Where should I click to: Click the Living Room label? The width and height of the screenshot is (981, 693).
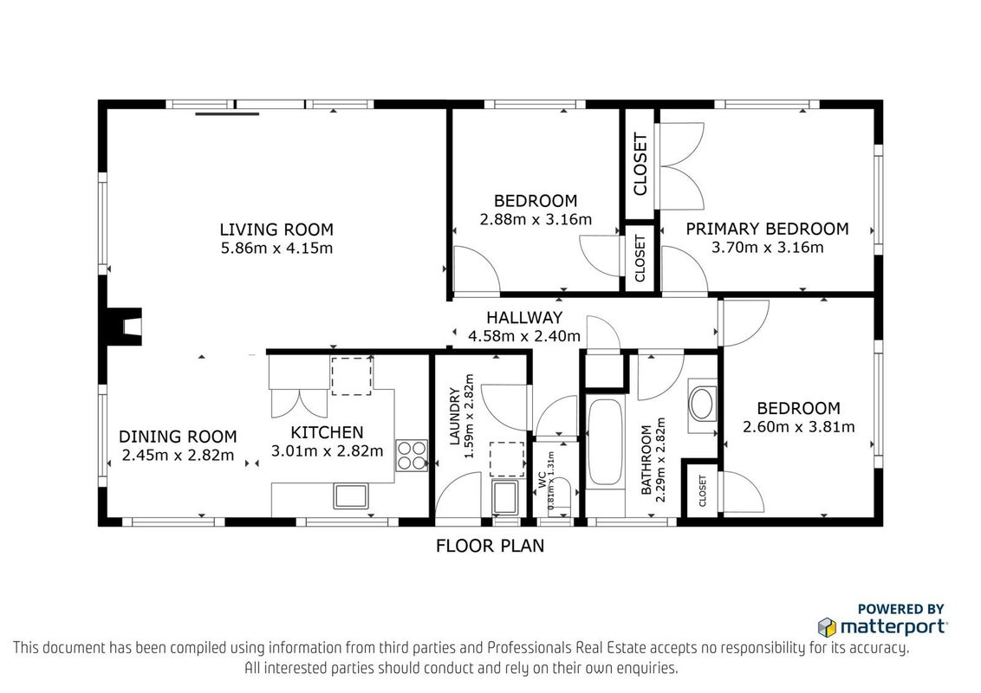coord(276,230)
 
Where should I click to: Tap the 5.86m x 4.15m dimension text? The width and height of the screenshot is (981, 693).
coord(276,249)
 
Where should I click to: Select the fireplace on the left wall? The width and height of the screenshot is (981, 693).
coord(124,327)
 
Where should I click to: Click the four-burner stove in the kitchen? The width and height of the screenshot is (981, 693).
coord(412,456)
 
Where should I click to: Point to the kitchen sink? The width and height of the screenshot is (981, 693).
coord(351,496)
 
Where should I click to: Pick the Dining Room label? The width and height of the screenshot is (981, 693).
coord(178,437)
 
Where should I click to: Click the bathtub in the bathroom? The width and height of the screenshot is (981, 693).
coord(605,442)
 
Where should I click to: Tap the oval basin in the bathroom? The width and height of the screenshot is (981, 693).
coord(702,404)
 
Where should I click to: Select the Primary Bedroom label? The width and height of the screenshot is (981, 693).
coord(767,229)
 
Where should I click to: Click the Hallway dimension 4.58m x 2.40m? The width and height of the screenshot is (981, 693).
coord(524,336)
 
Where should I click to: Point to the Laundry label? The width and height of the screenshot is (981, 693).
coord(455,417)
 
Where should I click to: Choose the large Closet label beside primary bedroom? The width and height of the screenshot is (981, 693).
coord(640,164)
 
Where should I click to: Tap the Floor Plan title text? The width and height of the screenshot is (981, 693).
coord(490,546)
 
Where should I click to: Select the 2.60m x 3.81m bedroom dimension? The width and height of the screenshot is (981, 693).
coord(798,427)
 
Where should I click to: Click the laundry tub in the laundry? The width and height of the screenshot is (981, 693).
coord(505,497)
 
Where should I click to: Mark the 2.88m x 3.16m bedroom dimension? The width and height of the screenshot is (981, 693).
coord(536,219)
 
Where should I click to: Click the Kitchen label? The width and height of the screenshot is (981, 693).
coord(327,432)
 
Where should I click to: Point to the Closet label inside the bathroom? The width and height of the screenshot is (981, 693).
coord(702,491)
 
